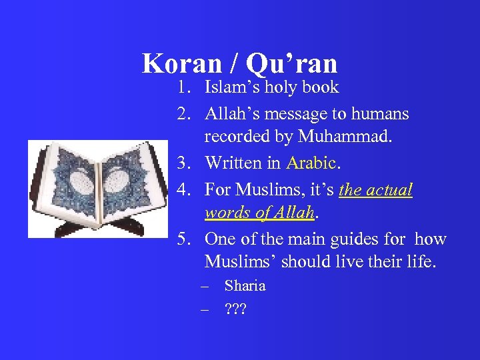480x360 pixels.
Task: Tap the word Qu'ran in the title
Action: coord(291,63)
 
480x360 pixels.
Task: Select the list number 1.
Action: coord(183,87)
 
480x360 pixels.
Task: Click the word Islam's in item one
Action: coord(231,87)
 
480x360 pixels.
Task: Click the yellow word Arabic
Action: coord(311,163)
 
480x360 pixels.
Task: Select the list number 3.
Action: coord(183,163)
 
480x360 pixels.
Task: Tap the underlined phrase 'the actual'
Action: coord(375,190)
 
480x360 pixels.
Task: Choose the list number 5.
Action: coord(183,239)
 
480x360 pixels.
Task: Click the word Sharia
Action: coord(245,286)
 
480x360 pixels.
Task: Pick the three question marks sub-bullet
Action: coord(235,309)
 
